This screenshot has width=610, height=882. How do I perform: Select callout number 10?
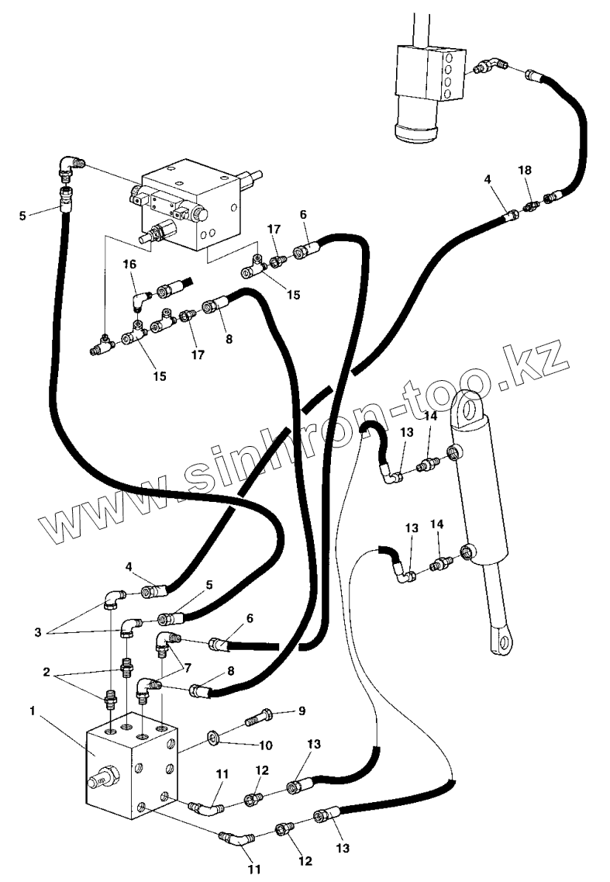click(x=265, y=745)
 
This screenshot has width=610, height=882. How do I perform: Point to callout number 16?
click(x=129, y=265)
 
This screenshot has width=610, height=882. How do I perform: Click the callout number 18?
click(x=525, y=169)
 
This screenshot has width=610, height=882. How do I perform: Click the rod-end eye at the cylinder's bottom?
click(x=501, y=641)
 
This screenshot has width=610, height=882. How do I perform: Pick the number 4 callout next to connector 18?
click(x=488, y=179)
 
